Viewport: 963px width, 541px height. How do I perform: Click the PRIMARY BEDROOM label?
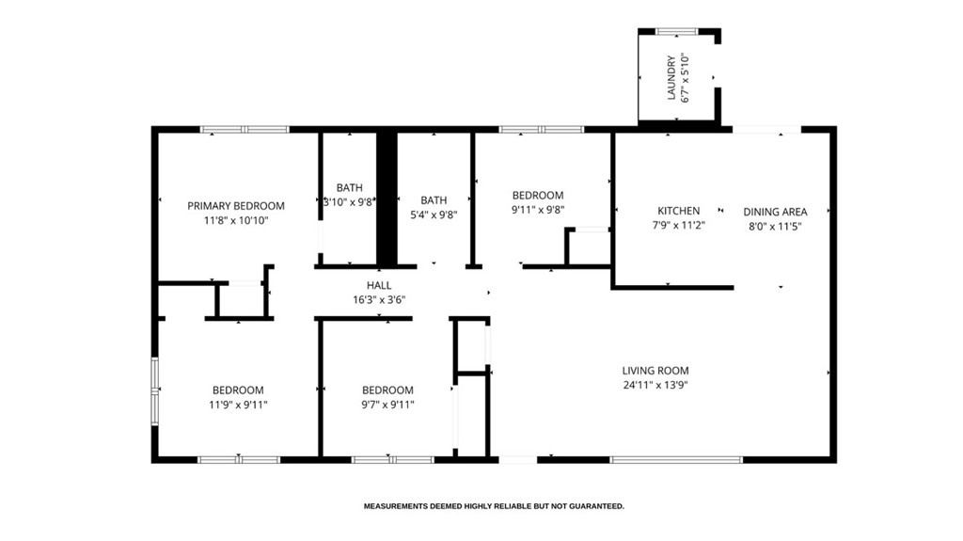235,206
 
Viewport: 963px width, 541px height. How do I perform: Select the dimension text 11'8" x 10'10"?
235,221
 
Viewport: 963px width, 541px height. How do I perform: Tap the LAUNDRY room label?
671,77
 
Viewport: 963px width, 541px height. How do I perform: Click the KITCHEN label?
678,211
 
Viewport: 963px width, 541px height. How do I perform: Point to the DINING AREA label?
775,212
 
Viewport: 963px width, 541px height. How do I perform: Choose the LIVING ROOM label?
655,371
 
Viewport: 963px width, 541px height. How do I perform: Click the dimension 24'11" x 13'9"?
655,385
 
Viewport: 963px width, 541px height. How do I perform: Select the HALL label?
379,285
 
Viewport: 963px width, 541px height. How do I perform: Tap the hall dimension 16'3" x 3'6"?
379,300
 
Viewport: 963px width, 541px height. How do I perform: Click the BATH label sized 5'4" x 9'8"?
434,200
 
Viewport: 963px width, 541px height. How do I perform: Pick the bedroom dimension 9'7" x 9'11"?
387,405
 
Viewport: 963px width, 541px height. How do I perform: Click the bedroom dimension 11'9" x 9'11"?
237,405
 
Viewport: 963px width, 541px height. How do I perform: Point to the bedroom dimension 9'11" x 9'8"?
537,211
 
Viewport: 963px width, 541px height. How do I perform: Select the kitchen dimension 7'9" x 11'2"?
678,226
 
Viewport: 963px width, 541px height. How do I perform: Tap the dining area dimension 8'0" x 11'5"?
775,226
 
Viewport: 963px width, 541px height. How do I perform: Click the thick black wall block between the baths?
387,199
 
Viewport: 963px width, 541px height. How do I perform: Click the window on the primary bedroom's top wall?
245,129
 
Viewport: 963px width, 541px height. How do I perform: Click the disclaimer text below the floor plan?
494,506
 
